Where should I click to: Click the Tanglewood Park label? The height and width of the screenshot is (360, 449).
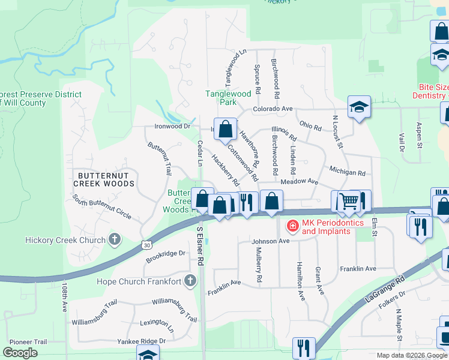(228, 98)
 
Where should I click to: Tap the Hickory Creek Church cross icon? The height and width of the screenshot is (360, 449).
(114, 240)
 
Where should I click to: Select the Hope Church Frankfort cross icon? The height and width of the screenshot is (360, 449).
(190, 281)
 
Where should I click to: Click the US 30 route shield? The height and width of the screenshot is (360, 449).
(146, 244)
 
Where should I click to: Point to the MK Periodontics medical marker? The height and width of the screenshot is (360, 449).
(292, 226)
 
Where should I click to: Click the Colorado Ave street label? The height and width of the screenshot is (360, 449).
(272, 109)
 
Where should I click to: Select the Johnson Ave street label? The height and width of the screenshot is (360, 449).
(270, 241)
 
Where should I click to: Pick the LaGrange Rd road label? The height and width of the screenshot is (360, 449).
(384, 292)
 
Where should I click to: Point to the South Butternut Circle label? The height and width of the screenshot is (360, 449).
(102, 206)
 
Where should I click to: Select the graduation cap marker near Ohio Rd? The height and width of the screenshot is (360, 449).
(360, 107)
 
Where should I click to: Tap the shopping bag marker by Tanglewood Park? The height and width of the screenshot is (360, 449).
(224, 129)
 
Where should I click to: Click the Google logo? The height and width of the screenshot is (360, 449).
(20, 353)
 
